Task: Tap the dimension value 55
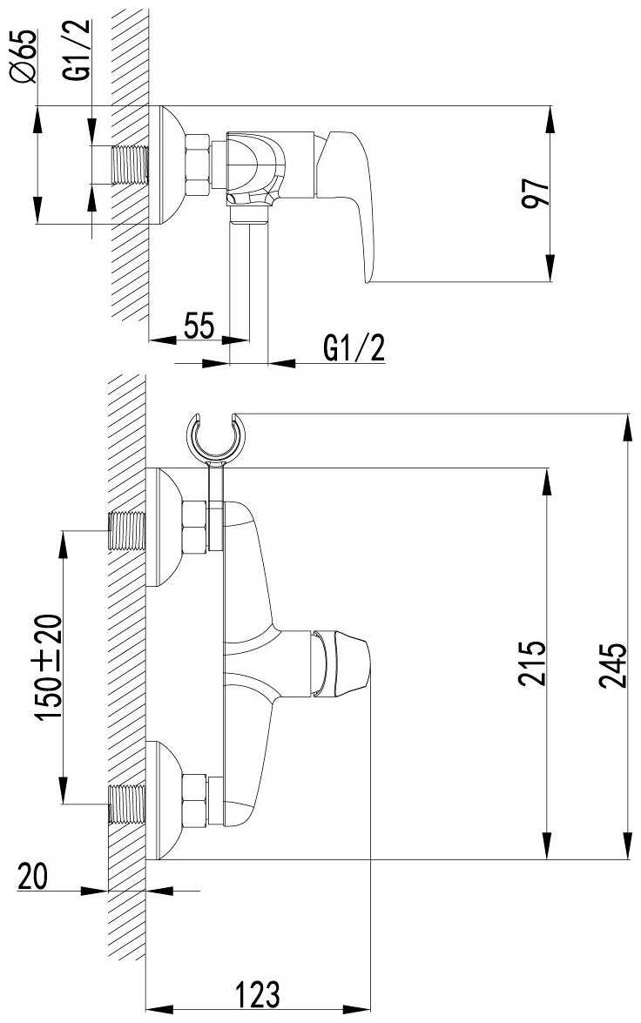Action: [x=199, y=326]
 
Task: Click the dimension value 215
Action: [x=531, y=663]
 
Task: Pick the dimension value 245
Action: [x=612, y=665]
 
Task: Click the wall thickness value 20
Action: [x=32, y=876]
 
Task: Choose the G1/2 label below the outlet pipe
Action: [x=353, y=348]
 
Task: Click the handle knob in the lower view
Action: [x=340, y=660]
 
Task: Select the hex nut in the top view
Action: [x=197, y=165]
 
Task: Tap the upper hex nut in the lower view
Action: [x=194, y=527]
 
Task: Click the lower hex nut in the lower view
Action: [x=194, y=801]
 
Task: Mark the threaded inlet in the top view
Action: [x=130, y=165]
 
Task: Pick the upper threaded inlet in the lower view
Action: [x=125, y=530]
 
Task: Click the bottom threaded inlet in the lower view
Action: [x=125, y=803]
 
